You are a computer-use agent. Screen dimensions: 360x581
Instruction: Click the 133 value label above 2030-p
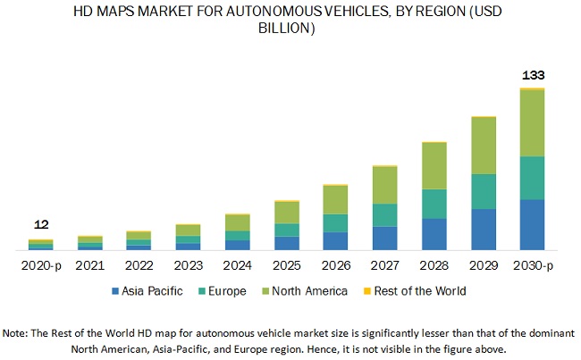(533, 75)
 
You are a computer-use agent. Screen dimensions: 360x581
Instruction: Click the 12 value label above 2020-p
(41, 225)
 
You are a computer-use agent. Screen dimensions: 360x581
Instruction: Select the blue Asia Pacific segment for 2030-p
(533, 224)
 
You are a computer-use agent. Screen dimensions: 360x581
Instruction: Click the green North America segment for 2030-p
(533, 123)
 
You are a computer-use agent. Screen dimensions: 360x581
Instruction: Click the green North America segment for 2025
(287, 212)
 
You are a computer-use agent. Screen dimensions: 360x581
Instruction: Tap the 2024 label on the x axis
(238, 265)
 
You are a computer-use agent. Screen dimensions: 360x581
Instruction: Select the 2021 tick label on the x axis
(90, 265)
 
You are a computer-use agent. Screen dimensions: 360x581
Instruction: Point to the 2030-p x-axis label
(533, 265)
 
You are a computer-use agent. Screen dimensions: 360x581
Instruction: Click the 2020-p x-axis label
(41, 265)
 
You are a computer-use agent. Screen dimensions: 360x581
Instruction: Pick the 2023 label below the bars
(189, 265)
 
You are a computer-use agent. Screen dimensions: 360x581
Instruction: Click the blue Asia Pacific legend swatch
(116, 291)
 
